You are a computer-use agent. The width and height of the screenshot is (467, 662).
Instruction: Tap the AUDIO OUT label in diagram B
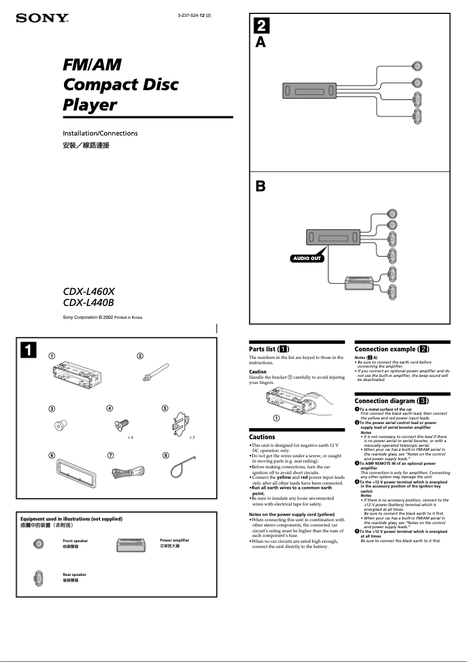coord(306,258)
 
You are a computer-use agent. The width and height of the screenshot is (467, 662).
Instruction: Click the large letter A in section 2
coord(261,42)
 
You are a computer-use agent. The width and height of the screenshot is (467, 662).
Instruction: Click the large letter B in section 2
coord(261,186)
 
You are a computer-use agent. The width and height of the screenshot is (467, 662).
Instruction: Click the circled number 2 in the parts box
coord(140,356)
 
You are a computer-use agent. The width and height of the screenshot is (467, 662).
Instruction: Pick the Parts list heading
coord(270,349)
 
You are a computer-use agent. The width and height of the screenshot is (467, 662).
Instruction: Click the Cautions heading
coord(262,437)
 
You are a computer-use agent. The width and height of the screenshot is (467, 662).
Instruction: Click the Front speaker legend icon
coord(38,544)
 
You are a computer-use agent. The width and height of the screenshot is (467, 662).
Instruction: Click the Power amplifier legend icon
coord(135,544)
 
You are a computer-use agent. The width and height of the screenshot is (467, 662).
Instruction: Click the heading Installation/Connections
coord(100,133)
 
